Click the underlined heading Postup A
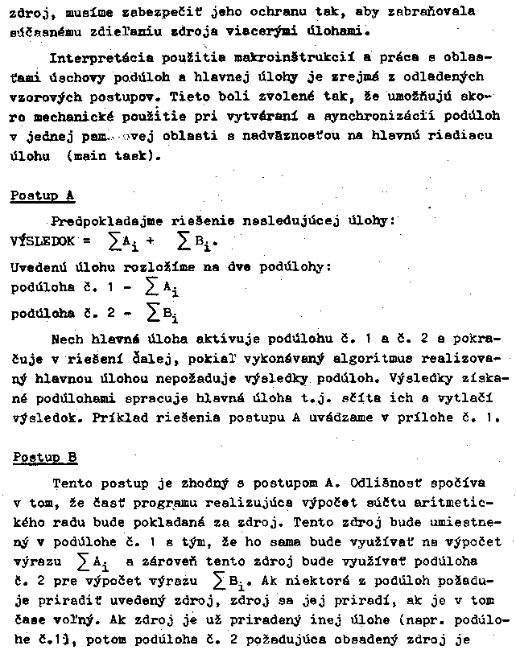point(43,195)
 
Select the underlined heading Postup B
point(45,458)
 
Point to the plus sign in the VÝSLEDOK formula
point(150,241)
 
